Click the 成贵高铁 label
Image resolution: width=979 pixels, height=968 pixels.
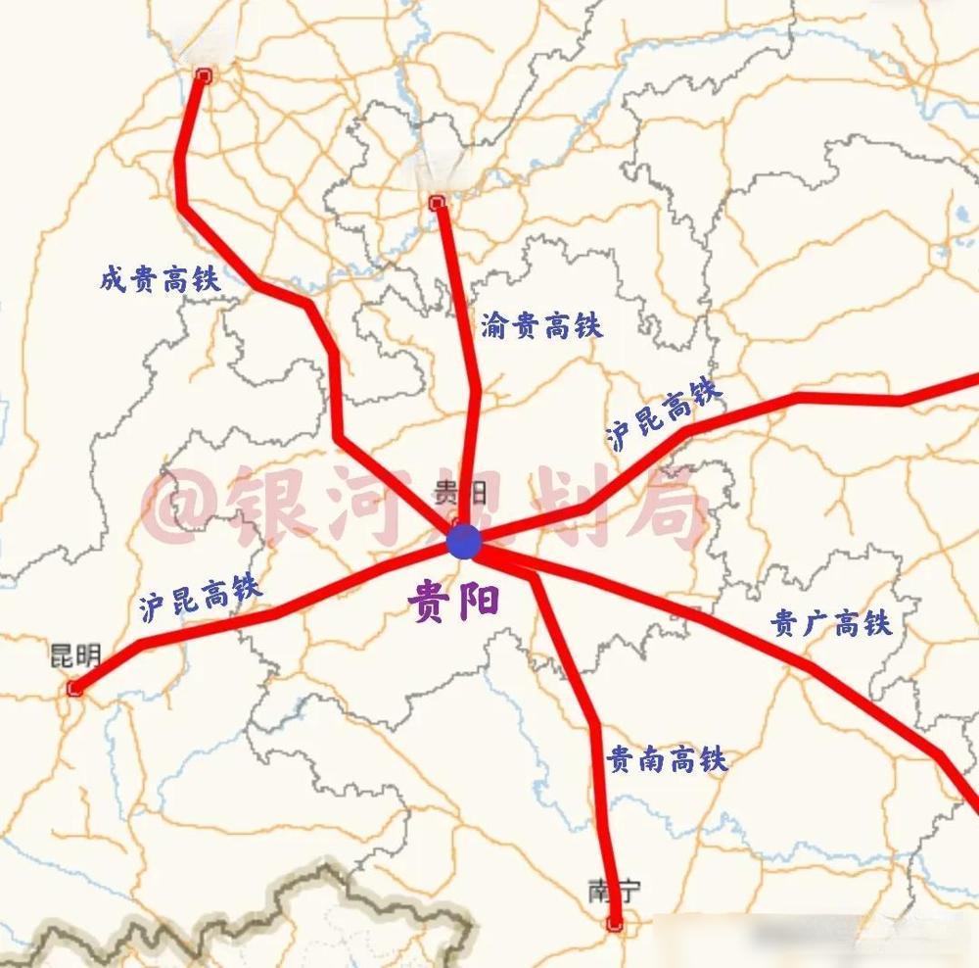coord(160,280)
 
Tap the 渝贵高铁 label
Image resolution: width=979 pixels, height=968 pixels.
coord(541,325)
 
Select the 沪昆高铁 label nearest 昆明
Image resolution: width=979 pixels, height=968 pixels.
coord(200,595)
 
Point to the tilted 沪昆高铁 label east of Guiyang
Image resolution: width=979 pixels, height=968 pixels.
coord(665,414)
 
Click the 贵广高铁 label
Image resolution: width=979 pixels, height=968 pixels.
coord(831,623)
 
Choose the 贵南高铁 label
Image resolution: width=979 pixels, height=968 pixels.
coord(667,759)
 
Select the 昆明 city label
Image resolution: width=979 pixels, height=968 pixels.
coord(74,655)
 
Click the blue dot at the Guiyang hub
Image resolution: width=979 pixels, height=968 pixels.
coord(463,541)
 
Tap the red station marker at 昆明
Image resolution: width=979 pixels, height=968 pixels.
coord(74,690)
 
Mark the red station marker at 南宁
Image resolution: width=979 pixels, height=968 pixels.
coord(615,923)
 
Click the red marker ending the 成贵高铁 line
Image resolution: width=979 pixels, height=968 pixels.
coord(204,75)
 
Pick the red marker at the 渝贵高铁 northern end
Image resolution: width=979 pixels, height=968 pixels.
coord(437,203)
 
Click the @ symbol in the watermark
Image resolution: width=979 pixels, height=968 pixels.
coord(175,505)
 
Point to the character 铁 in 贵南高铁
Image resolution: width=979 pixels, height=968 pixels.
coord(712,759)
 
